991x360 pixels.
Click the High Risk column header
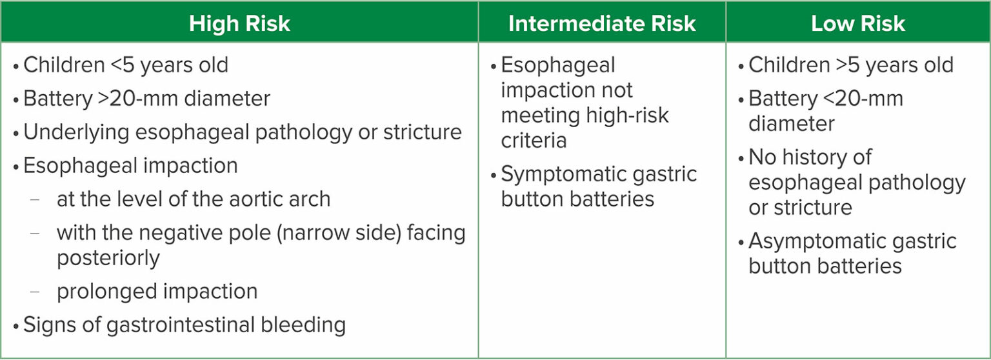coord(239,24)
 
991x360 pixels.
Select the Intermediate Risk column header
coord(602,24)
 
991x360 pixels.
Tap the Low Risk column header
coord(857,24)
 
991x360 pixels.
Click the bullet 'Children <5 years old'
coord(125,65)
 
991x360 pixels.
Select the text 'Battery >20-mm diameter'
coord(146,99)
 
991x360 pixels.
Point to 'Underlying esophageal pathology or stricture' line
coord(242,132)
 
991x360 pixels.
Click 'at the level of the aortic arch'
coord(193,199)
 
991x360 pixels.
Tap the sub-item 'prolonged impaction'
coord(157,291)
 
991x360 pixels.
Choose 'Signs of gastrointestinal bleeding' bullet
coord(184,325)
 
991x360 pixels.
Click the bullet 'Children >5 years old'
coord(850,65)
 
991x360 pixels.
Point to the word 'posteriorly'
coord(108,258)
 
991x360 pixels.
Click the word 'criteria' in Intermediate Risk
coord(534,141)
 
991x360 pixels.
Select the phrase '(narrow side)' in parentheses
coord(334,232)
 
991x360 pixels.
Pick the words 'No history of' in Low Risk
coord(810,157)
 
